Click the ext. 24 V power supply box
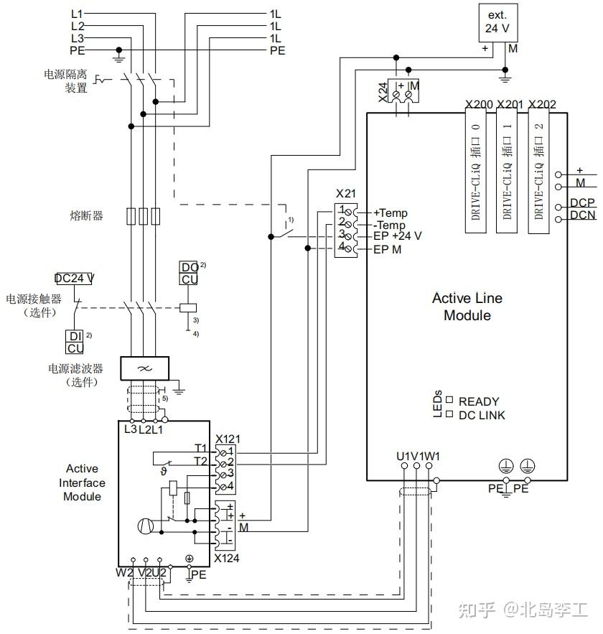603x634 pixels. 497,22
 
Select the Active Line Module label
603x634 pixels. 467,307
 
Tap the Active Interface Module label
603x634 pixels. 82,483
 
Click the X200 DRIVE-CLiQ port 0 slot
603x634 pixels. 475,172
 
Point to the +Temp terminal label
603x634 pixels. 391,213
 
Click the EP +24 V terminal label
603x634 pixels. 398,236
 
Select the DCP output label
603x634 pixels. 582,203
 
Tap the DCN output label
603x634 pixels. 583,215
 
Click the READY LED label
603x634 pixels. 478,401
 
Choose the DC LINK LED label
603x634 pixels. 481,415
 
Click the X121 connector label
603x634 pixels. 228,438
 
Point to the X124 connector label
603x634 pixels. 228,558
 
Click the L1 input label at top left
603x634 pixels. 77,14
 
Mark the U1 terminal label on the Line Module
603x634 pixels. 403,456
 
